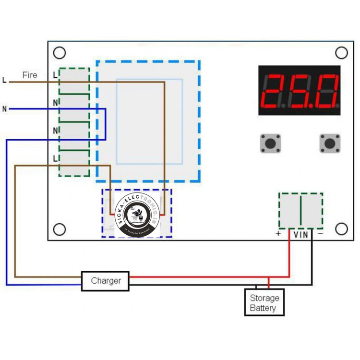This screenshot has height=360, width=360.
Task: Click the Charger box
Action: point(105,281)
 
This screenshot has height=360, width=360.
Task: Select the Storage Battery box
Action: point(264,302)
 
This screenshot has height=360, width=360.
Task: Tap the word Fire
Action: point(30,75)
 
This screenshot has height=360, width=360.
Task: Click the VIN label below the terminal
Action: point(301,235)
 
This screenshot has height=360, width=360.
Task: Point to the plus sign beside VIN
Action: point(278,234)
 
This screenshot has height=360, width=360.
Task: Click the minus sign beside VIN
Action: point(320,234)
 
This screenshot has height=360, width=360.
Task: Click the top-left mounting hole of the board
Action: point(59,52)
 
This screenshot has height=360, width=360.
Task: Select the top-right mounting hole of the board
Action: point(341,52)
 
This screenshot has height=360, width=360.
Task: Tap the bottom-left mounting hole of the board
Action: point(59,230)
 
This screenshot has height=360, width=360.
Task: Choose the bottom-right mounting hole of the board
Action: point(341,229)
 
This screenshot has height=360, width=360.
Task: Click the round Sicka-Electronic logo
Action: point(137,216)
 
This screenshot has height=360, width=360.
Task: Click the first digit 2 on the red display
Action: point(275,91)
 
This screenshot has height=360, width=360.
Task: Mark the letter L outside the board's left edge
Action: point(5,80)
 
